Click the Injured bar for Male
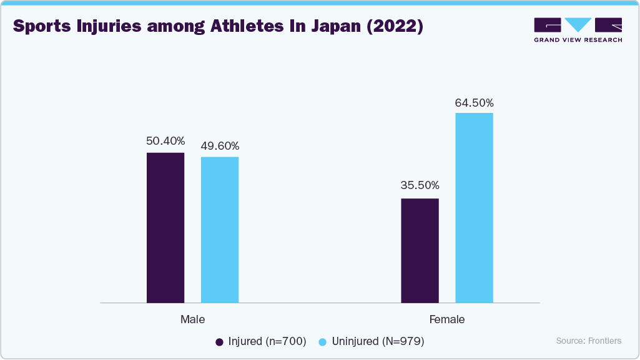pos(165,228)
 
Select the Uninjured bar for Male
pos(220,230)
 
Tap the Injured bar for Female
pos(420,251)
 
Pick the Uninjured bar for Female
pos(474,208)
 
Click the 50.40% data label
pos(165,142)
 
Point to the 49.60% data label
pos(220,146)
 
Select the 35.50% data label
pos(420,185)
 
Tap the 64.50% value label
pos(475,102)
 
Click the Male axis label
pos(192,319)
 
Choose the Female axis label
pos(447,319)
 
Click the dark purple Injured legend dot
pos(219,342)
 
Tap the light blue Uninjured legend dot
pos(323,342)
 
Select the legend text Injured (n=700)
pos(267,341)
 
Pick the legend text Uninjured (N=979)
pos(378,341)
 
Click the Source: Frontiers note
pos(589,341)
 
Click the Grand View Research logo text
pos(578,40)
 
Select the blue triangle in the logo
pos(578,24)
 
